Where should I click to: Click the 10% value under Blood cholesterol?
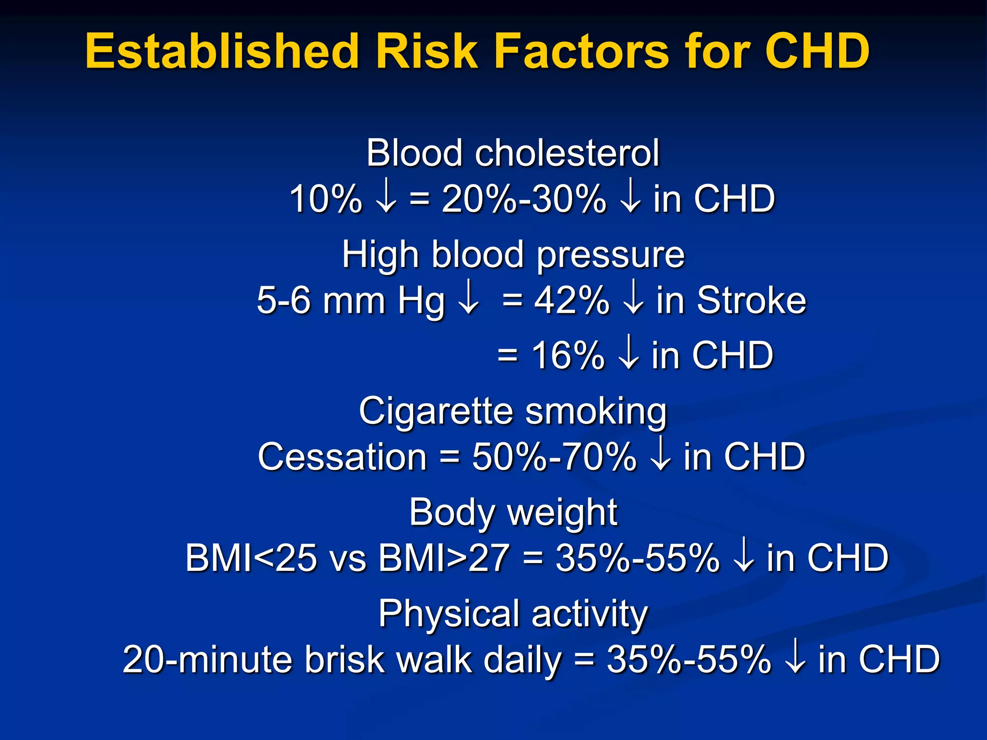coord(325,199)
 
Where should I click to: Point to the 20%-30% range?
coord(524,199)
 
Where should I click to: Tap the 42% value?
coord(572,300)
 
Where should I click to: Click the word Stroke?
coord(751,300)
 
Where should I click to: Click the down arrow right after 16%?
coord(627,355)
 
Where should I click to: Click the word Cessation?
coord(342,457)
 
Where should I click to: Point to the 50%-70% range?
coord(554,457)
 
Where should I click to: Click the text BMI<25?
coord(251,558)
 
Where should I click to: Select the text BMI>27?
coord(443,558)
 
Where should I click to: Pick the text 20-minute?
coord(208,659)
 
